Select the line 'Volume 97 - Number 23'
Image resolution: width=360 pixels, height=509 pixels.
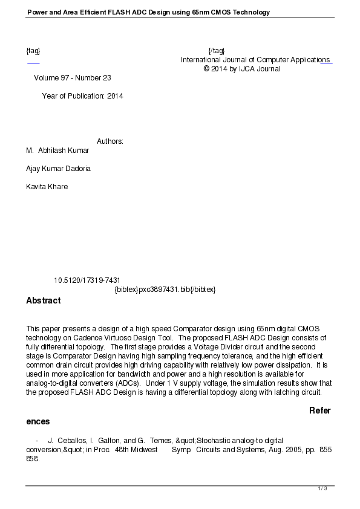click(73, 78)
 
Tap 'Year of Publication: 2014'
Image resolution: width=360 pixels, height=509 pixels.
click(82, 96)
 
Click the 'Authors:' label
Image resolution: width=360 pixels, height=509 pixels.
click(110, 141)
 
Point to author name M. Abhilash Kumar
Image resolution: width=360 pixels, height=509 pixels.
click(57, 151)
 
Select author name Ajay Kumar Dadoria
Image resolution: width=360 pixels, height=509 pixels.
click(58, 169)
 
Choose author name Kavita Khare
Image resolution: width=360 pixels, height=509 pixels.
click(47, 187)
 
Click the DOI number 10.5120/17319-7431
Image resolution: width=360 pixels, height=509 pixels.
click(87, 280)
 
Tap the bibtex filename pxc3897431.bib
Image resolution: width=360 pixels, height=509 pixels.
click(165, 290)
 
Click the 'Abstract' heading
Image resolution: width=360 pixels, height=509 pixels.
click(44, 300)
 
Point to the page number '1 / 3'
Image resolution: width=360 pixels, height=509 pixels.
click(322, 488)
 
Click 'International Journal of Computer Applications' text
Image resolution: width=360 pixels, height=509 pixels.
click(255, 60)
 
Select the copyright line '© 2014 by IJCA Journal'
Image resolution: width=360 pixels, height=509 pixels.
click(242, 69)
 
